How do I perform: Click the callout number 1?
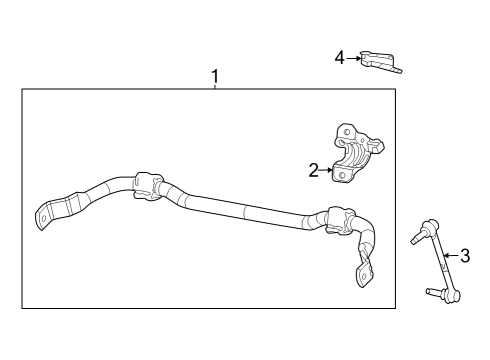coord(213,76)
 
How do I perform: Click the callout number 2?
coord(313,171)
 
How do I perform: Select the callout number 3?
coord(465,255)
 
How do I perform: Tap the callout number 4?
coord(340,58)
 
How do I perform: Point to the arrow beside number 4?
coord(353,58)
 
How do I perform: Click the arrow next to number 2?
coord(326,171)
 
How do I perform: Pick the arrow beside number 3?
coord(451,255)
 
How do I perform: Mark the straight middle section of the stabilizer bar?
coord(245,209)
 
